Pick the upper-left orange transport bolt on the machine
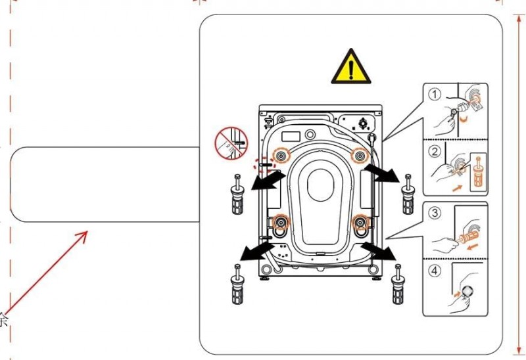tap(281, 156)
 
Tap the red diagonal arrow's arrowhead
tap(84, 235)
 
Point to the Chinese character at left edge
tap(4, 321)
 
